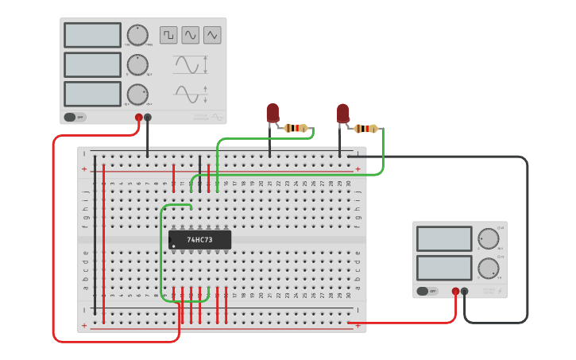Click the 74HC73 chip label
coord(200,239)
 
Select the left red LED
coord(273,113)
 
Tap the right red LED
coord(342,113)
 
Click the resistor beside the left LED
coord(296,128)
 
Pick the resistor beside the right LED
coord(366,128)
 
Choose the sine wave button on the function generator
coord(191,35)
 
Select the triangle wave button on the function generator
coord(212,35)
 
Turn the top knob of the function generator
coord(137,35)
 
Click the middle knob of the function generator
coord(137,64)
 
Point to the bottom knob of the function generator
coord(137,94)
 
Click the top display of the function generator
coord(92,35)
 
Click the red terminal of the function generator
coord(138,118)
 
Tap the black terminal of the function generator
coord(147,118)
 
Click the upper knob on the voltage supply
coord(488,238)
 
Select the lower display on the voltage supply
coord(444,268)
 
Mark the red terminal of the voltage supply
coord(455,291)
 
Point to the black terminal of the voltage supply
coord(465,291)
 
